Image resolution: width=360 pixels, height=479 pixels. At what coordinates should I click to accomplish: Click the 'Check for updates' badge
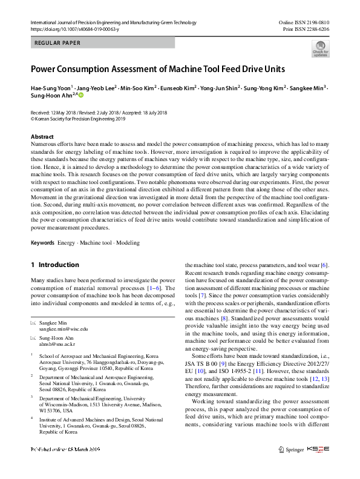coord(320,48)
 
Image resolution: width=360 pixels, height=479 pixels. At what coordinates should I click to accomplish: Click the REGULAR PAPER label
coord(59,43)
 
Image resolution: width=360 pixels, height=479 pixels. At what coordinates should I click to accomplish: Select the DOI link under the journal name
coord(74,29)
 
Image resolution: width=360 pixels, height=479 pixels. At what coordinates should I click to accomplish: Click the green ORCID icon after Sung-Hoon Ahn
coord(80,96)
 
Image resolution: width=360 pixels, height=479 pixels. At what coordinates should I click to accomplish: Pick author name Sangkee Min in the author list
coord(307,88)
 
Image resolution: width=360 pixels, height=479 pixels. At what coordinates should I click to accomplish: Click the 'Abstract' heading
coord(42,137)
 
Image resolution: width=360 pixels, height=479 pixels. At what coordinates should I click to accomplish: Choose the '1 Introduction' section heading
coord(54,265)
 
